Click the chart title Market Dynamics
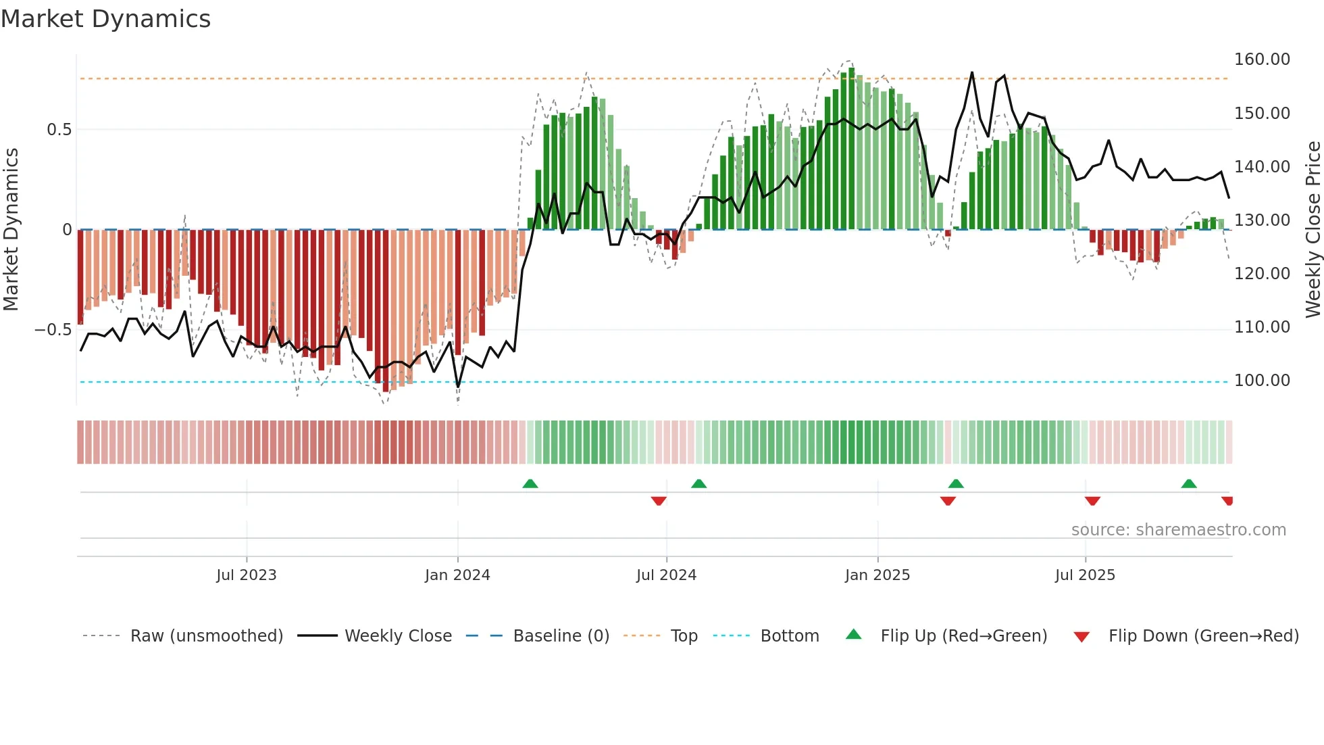pyautogui.click(x=105, y=19)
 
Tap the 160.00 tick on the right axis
pyautogui.click(x=1262, y=59)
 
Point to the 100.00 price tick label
pyautogui.click(x=1262, y=381)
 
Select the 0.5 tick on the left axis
pyautogui.click(x=59, y=130)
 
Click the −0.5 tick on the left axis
pyautogui.click(x=53, y=330)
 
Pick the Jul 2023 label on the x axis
pyautogui.click(x=247, y=575)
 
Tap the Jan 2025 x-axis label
pyautogui.click(x=877, y=575)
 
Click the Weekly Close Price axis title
pyautogui.click(x=1313, y=230)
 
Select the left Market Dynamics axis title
pyautogui.click(x=11, y=230)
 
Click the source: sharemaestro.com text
pyautogui.click(x=1178, y=530)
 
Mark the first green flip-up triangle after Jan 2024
pyautogui.click(x=530, y=484)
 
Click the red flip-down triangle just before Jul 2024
pyautogui.click(x=659, y=501)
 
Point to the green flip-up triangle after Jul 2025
pyautogui.click(x=1189, y=484)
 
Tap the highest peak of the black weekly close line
pyautogui.click(x=972, y=72)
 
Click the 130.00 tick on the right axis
pyautogui.click(x=1262, y=220)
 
